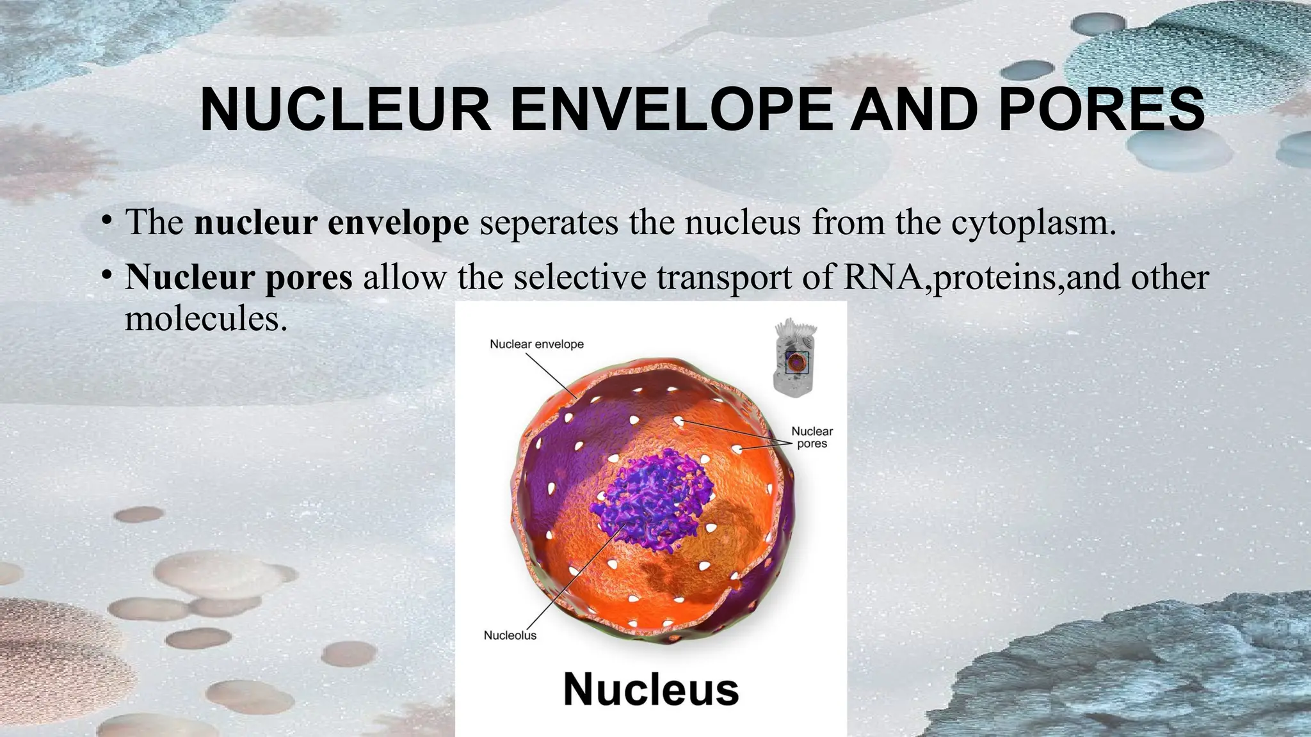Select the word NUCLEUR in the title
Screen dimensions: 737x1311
[x=345, y=110]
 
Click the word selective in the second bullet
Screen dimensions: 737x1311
[x=580, y=277]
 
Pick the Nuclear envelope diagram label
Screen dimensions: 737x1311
[x=536, y=344]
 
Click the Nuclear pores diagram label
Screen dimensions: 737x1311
[x=812, y=438]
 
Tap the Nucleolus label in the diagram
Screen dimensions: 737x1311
[x=510, y=635]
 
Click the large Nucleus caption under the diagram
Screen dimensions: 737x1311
[x=651, y=690]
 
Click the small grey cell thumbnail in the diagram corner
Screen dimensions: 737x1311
[x=796, y=359]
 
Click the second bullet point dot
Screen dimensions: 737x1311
[x=107, y=276]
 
